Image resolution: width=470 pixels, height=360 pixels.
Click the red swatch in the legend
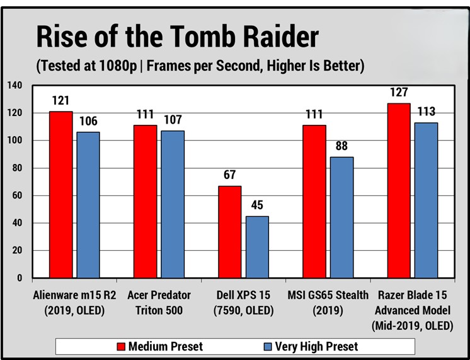click(x=122, y=346)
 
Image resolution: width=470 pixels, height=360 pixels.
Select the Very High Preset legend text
click(x=321, y=346)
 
